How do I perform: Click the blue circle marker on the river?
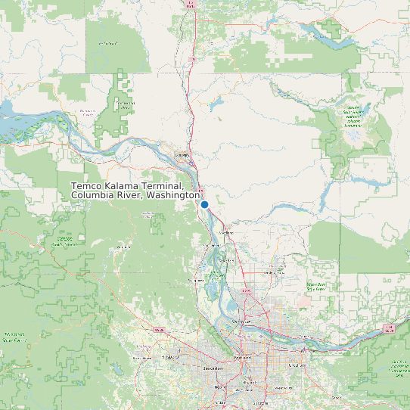pyautogui.click(x=204, y=204)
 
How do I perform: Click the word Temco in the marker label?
pyautogui.click(x=88, y=186)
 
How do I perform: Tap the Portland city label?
pyautogui.click(x=242, y=356)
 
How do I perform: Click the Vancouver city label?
pyautogui.click(x=241, y=321)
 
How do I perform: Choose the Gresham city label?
pyautogui.click(x=296, y=365)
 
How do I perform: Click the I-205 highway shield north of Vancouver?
pyautogui.click(x=245, y=290)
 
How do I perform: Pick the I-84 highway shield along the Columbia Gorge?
pyautogui.click(x=390, y=328)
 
